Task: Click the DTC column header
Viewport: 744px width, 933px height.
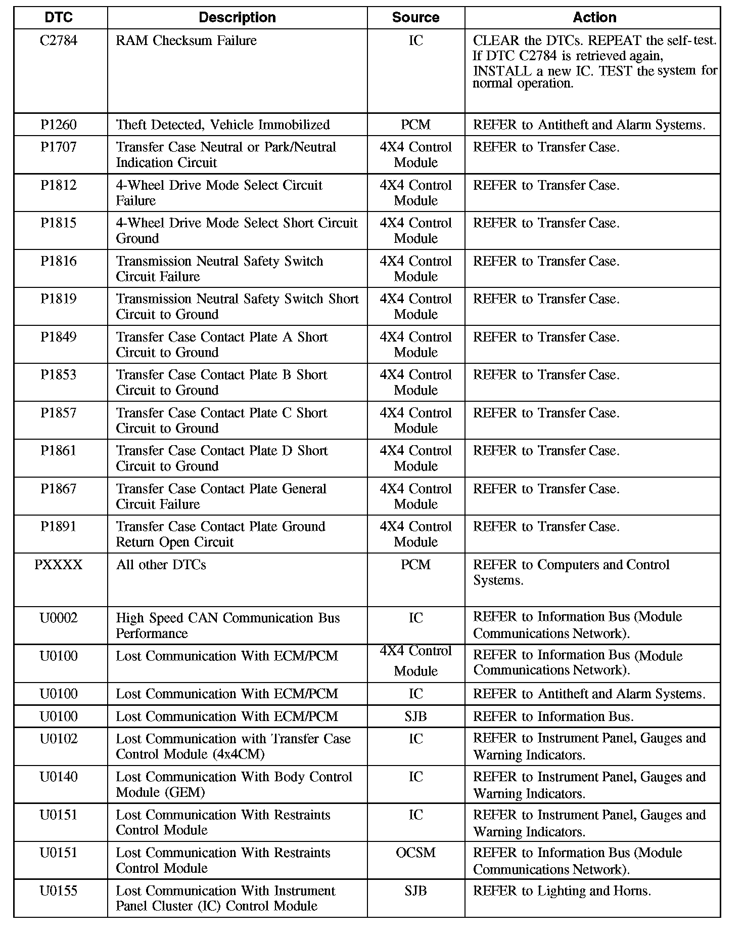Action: (59, 18)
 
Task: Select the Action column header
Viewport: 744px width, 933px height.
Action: (594, 18)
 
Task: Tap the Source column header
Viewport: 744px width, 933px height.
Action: (415, 18)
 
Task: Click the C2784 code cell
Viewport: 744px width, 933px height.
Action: (59, 40)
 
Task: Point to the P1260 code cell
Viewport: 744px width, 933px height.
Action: (59, 124)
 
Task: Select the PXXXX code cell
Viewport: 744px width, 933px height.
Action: (59, 565)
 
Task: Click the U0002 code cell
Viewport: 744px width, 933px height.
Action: (59, 618)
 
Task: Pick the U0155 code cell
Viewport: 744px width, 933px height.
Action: (59, 890)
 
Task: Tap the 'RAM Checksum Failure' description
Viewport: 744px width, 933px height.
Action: (186, 40)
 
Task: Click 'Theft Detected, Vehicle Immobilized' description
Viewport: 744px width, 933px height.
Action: (223, 124)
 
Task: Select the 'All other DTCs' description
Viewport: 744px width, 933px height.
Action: (161, 565)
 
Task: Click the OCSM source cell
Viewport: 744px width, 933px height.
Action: (415, 853)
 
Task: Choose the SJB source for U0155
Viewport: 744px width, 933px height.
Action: (415, 890)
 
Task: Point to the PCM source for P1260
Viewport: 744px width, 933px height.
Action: (415, 124)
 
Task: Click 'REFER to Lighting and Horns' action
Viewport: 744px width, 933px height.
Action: (562, 890)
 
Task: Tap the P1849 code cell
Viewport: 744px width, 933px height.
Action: (59, 337)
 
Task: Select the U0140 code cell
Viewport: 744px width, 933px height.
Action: (59, 777)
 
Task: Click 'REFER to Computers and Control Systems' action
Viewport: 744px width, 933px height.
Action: (571, 572)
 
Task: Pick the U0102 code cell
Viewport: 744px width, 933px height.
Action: (59, 739)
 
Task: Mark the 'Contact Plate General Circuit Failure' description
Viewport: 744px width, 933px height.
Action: (221, 496)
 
